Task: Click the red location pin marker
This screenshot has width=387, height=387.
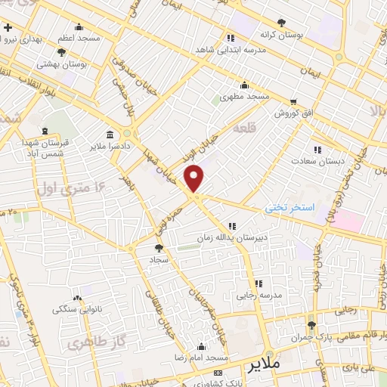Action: click(195, 178)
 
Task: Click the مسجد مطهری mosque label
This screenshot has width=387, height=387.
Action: click(245, 97)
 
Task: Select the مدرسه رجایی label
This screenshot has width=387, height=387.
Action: click(260, 296)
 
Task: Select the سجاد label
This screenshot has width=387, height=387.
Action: click(159, 259)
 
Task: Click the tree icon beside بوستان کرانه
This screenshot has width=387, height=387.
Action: click(282, 23)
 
